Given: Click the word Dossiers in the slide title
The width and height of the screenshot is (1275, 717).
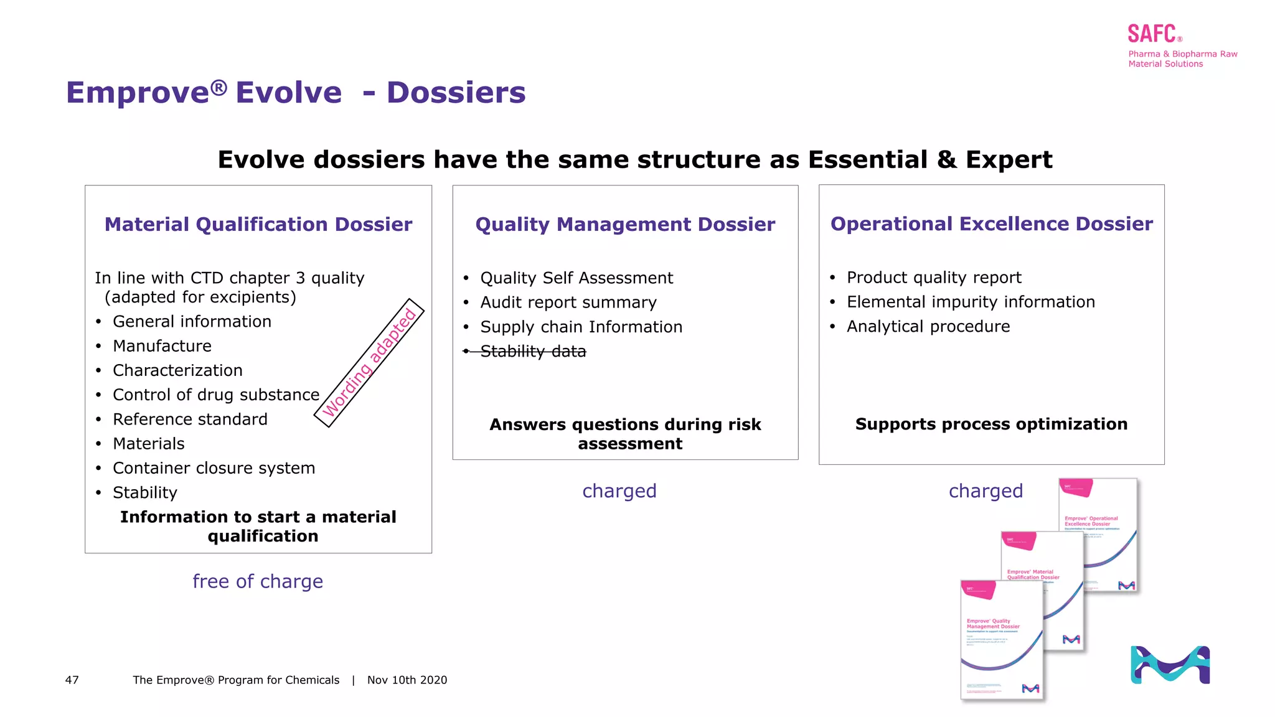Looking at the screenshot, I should pyautogui.click(x=456, y=93).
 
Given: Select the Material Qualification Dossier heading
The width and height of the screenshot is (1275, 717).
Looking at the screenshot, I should pyautogui.click(x=258, y=225).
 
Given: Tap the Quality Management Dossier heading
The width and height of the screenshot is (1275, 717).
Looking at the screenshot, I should pyautogui.click(x=625, y=225).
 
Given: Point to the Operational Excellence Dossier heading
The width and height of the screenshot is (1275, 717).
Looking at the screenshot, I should pyautogui.click(x=991, y=224).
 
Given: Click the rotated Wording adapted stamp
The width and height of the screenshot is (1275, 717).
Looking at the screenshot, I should pyautogui.click(x=369, y=363).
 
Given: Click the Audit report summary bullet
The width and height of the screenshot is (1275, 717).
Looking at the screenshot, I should pyautogui.click(x=568, y=302).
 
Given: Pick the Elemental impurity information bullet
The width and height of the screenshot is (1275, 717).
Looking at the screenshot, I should pyautogui.click(x=970, y=302).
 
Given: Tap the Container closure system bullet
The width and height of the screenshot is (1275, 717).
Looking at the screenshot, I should pyautogui.click(x=214, y=468).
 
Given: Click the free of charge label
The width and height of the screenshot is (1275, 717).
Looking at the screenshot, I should pyautogui.click(x=258, y=581).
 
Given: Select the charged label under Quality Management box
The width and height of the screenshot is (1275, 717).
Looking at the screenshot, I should pyautogui.click(x=619, y=491).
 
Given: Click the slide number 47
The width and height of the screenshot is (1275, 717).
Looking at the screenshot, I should pyautogui.click(x=72, y=680).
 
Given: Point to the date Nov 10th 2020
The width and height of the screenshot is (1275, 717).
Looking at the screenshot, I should pyautogui.click(x=407, y=680).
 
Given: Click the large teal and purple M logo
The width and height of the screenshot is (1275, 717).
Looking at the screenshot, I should pyautogui.click(x=1170, y=665).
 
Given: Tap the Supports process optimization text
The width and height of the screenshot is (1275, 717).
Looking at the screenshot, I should pyautogui.click(x=991, y=424).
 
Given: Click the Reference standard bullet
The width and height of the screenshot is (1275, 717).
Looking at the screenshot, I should pyautogui.click(x=190, y=419).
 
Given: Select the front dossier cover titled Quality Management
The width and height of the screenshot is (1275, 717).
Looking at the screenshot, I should pyautogui.click(x=1000, y=641).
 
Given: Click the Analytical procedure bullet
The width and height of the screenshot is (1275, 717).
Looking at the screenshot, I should pyautogui.click(x=928, y=327).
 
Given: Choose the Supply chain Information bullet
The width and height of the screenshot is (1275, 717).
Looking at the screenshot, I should pyautogui.click(x=581, y=327).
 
